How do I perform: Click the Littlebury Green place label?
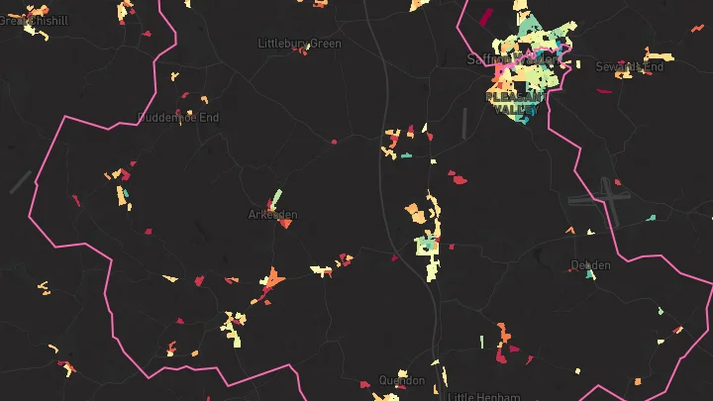[x=299, y=44]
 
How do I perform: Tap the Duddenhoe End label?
[x=178, y=117]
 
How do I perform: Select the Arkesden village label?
[x=272, y=215]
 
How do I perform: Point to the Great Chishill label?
[x=34, y=20]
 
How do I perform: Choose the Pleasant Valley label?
[x=516, y=104]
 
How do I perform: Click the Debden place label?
[x=591, y=265]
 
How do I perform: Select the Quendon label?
[x=401, y=380]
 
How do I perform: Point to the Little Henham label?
[x=483, y=396]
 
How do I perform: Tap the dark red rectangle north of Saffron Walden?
[x=485, y=16]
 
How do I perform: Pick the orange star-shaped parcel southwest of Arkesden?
[x=270, y=281]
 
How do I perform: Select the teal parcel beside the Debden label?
[x=591, y=274]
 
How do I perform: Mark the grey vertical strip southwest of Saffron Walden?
[x=463, y=123]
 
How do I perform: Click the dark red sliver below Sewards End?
[x=604, y=91]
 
